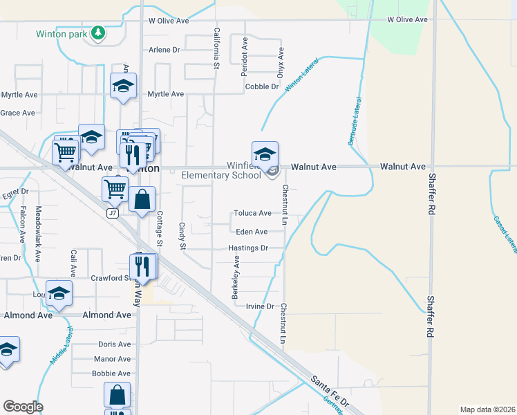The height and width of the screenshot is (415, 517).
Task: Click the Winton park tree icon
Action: (x=99, y=33)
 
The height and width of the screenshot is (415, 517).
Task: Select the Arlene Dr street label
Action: (x=164, y=50)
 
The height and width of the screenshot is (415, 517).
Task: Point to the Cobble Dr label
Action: (x=262, y=86)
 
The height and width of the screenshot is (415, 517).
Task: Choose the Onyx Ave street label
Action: (x=281, y=62)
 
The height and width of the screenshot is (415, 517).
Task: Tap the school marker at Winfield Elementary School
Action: (x=265, y=154)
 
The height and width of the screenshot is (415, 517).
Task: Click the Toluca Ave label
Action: (x=252, y=213)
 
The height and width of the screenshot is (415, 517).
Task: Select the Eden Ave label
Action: (x=252, y=232)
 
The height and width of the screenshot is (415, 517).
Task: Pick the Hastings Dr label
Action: (x=247, y=248)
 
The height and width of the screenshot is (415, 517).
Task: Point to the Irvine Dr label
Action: (x=261, y=306)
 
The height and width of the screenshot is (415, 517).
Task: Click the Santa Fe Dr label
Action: (x=331, y=389)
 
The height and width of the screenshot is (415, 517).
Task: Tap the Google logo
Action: (x=23, y=407)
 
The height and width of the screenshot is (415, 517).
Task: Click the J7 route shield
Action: (x=112, y=214)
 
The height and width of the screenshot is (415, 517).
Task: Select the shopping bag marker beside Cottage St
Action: (x=142, y=200)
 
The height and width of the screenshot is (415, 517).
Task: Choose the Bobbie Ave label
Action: (x=111, y=373)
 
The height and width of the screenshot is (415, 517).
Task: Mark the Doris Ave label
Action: (x=114, y=344)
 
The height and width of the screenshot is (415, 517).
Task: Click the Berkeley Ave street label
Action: (x=236, y=277)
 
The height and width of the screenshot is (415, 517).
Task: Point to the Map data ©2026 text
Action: (x=487, y=409)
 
